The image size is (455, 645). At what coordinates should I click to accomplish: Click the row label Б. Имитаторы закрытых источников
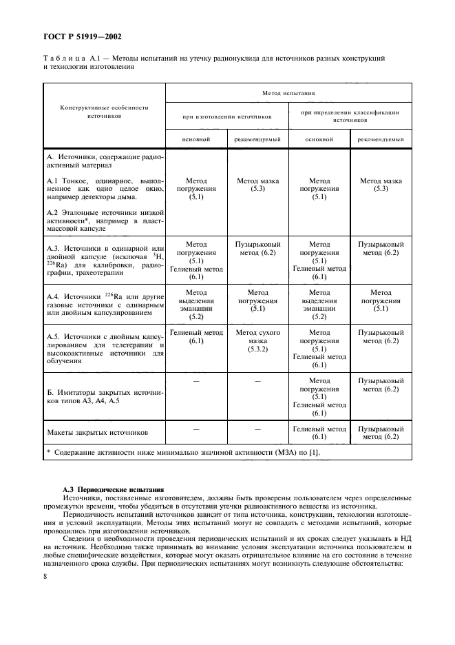pyautogui.click(x=104, y=396)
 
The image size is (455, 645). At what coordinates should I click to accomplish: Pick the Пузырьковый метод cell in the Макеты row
pyautogui.click(x=381, y=433)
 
